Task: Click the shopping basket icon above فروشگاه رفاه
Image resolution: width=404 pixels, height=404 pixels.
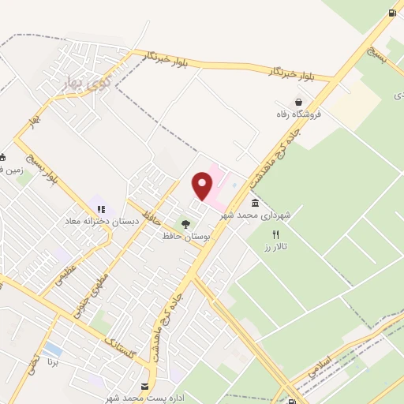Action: (x=299, y=101)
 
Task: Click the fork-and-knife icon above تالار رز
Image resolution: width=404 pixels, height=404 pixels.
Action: (x=275, y=234)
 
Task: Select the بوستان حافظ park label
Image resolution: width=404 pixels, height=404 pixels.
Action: (x=184, y=237)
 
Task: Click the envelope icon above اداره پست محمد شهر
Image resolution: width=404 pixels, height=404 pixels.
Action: (x=144, y=387)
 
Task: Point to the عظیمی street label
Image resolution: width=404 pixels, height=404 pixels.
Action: (x=54, y=282)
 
